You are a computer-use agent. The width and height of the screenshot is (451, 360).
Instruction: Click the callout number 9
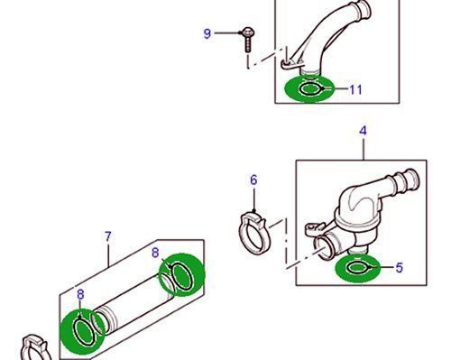[x=207, y=33]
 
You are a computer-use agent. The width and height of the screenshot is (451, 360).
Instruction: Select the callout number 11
[x=355, y=89]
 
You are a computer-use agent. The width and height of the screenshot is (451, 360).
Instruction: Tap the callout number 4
[x=364, y=131]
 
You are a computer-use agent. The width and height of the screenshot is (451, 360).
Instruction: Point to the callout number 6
[x=253, y=180]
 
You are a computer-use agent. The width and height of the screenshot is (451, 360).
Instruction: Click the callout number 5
[x=400, y=267]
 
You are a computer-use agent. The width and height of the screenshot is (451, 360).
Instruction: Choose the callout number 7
[x=108, y=236]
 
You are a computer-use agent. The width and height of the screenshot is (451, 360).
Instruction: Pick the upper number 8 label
[x=155, y=253]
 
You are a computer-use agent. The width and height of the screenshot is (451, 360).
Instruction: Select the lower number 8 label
[x=80, y=294]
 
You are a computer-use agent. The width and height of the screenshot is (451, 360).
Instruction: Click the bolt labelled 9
[x=248, y=40]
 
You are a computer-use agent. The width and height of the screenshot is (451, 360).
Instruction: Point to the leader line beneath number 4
[x=364, y=149]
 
